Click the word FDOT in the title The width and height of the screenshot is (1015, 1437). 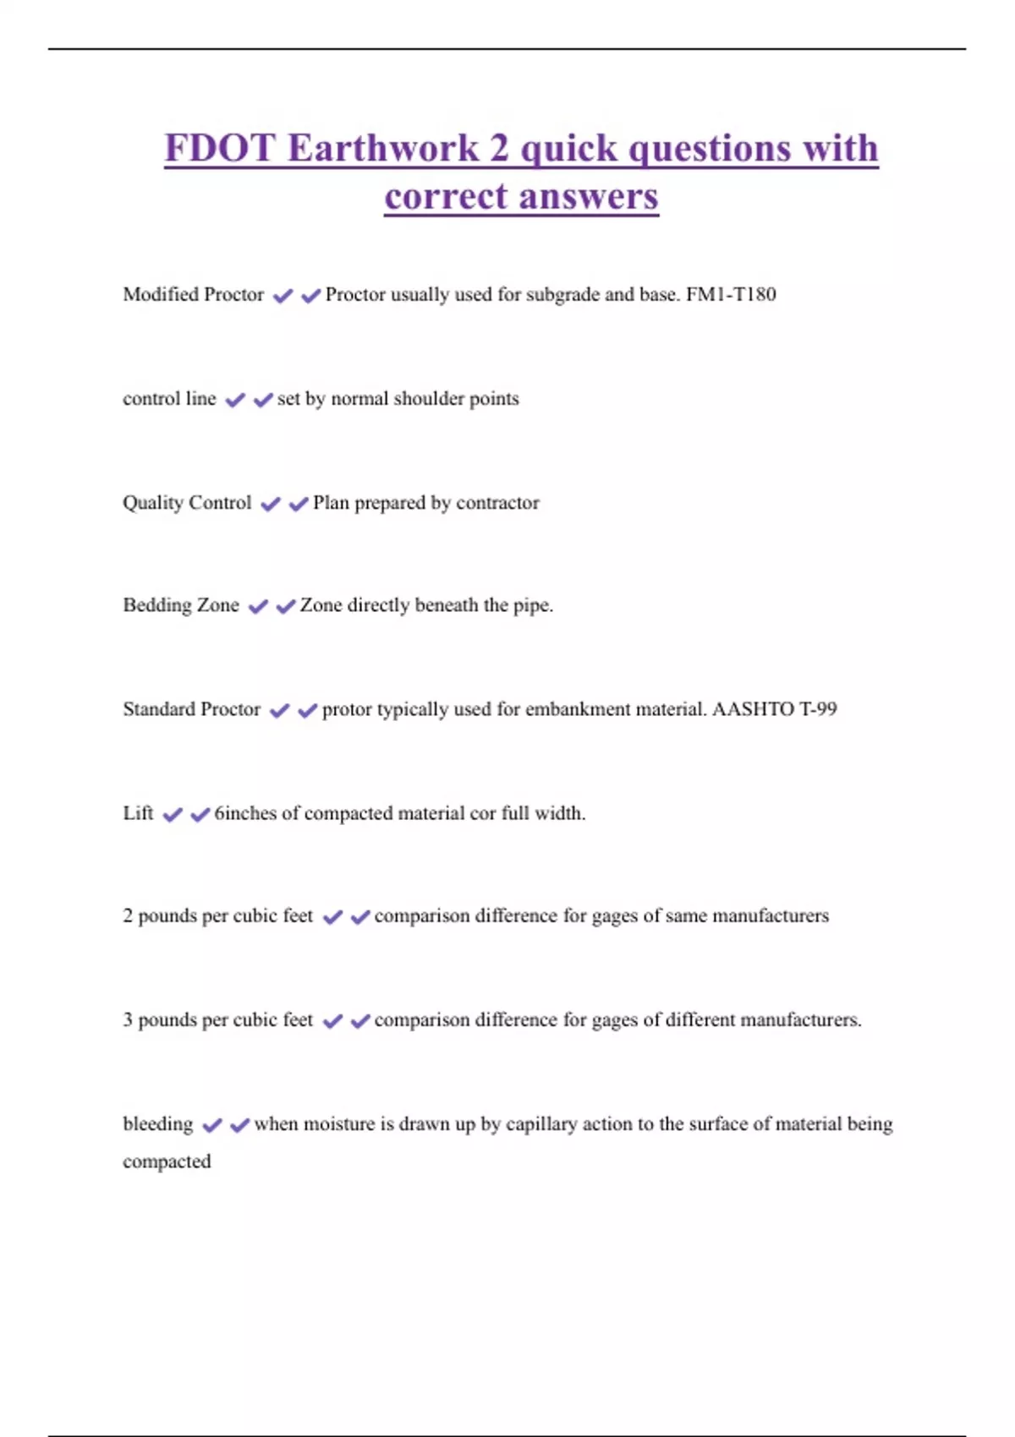220,148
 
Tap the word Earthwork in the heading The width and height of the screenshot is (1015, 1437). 383,148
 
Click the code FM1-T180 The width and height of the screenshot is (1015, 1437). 731,294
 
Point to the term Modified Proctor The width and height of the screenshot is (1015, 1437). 193,294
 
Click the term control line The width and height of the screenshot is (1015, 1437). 169,398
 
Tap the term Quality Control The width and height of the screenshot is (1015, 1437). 187,502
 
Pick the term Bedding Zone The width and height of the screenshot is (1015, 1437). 181,605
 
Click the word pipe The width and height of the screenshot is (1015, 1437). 533,605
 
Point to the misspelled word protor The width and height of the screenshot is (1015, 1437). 347,709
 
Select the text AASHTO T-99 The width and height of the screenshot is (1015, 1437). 774,709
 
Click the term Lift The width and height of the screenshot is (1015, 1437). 138,813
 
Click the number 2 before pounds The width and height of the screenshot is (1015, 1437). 128,915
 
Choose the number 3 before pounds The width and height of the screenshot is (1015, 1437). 128,1019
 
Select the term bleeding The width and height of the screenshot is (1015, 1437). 158,1124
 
